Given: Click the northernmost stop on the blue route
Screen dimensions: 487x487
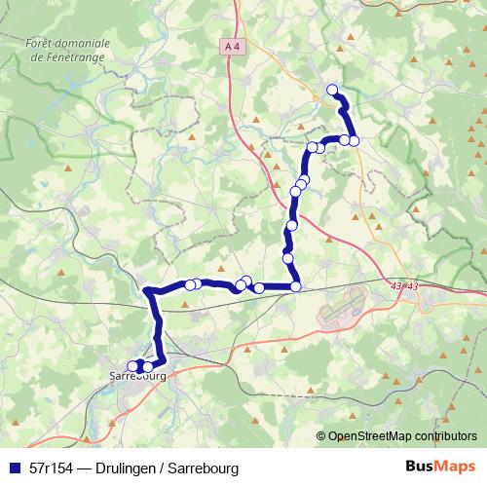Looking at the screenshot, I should [332, 91].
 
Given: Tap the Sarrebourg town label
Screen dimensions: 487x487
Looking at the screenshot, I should [137, 376].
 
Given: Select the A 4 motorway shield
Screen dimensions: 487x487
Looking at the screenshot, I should [230, 46].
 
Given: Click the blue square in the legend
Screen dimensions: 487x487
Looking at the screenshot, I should [14, 468].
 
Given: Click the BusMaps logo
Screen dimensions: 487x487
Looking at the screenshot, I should [440, 467].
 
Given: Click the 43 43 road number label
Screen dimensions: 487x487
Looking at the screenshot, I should [403, 286].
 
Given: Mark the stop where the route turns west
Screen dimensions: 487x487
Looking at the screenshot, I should [295, 286].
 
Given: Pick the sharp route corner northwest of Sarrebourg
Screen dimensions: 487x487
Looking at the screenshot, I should [148, 290].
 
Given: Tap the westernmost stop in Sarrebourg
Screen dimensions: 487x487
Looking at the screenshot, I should [133, 366].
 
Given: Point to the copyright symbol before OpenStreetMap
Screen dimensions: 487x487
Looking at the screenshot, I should [321, 435].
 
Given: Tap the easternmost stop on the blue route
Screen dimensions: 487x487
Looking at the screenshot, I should [355, 140].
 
